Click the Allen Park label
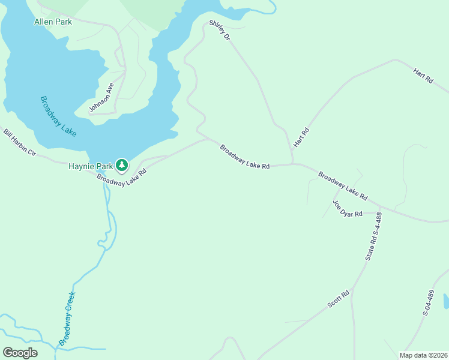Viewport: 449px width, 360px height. [x=53, y=22]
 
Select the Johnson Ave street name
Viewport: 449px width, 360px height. [x=101, y=98]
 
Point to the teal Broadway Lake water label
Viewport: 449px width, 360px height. [x=58, y=116]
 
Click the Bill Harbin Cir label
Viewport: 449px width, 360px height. [x=20, y=143]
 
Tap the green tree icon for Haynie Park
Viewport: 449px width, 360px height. [x=122, y=164]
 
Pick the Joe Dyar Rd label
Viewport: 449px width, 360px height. [x=348, y=208]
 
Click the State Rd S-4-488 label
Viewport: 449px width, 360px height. [x=373, y=236]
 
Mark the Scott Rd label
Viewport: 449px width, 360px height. [x=339, y=299]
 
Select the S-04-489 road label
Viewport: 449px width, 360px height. [x=427, y=303]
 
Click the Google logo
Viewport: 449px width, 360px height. [x=20, y=353]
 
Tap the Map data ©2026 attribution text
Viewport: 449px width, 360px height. [x=423, y=355]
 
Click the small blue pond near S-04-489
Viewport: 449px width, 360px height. [x=445, y=301]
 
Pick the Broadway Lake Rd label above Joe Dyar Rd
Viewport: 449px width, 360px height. [x=342, y=186]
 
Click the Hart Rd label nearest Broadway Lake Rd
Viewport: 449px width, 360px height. [x=301, y=138]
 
